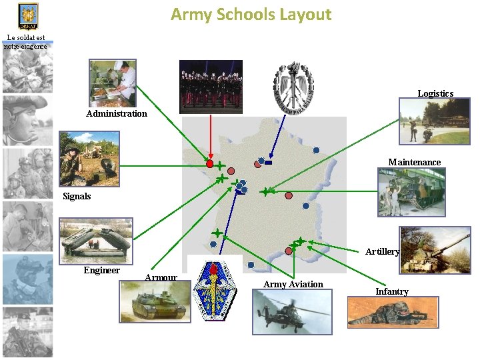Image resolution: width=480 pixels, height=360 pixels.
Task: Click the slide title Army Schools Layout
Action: click(x=251, y=14)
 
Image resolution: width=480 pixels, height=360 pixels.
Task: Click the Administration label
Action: click(x=117, y=113)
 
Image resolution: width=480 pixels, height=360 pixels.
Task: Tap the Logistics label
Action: click(x=435, y=93)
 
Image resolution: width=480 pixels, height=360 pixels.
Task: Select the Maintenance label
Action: click(x=415, y=162)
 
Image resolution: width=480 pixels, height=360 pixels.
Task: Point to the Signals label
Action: click(x=77, y=196)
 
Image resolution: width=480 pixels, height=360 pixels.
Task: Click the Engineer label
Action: click(x=101, y=270)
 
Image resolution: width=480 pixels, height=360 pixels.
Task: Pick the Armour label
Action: click(x=161, y=277)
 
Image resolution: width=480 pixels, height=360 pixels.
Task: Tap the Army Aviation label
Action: click(x=293, y=284)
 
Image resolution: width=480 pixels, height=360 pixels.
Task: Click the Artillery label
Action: click(x=382, y=251)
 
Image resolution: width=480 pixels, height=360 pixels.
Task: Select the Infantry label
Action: click(x=392, y=291)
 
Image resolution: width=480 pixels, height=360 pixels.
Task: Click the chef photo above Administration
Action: click(x=113, y=83)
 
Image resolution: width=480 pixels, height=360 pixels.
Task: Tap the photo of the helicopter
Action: click(x=291, y=312)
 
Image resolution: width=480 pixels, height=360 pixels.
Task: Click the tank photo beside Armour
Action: click(x=150, y=302)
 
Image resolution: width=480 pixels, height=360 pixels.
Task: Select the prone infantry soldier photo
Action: click(x=393, y=313)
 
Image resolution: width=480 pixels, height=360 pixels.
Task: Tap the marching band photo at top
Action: click(x=211, y=87)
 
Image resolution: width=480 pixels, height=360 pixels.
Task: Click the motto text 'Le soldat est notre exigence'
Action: click(x=25, y=41)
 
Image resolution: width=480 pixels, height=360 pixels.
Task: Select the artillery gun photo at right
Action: click(x=435, y=250)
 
